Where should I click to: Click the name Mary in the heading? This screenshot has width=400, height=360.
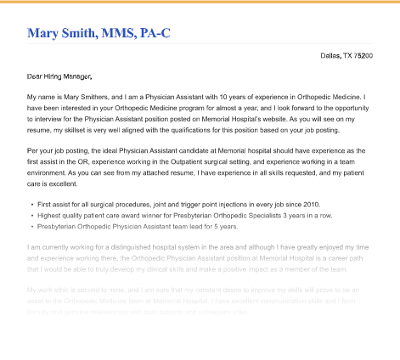pos(47,33)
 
